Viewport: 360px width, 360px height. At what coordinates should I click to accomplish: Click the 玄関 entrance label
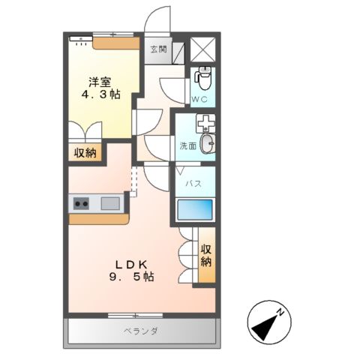[157, 50]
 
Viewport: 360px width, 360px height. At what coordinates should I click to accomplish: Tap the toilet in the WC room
[203, 76]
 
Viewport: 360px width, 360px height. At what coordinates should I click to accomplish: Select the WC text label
[199, 99]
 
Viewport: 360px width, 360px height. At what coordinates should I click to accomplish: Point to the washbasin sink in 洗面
[207, 145]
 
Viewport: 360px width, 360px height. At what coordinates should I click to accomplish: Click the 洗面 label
[187, 146]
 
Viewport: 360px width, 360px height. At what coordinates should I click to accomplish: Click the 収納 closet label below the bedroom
[85, 153]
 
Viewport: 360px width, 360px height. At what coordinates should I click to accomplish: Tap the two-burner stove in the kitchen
[81, 202]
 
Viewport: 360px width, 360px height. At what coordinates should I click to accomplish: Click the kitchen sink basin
[109, 202]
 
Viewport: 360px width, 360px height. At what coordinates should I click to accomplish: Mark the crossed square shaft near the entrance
[203, 48]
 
